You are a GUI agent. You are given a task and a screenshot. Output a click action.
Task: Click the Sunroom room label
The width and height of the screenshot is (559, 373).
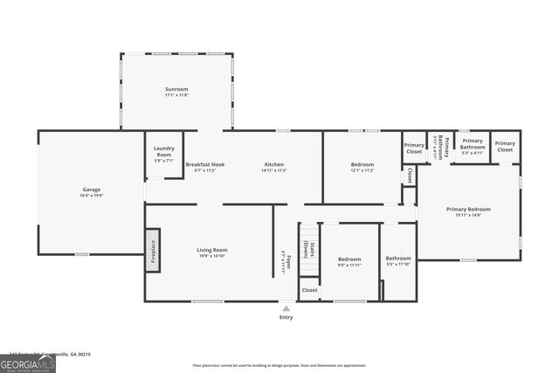[176, 92]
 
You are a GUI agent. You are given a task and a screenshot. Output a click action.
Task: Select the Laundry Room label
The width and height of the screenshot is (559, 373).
[164, 154]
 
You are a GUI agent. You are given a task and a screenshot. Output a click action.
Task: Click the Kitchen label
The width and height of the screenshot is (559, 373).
[273, 167]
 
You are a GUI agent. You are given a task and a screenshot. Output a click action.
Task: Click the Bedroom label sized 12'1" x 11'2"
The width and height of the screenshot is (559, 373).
[362, 167]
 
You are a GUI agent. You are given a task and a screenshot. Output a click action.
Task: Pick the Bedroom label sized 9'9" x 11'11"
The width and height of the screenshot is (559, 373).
[349, 261]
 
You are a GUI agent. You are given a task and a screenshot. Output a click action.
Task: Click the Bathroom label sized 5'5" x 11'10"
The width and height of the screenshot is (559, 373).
[398, 260]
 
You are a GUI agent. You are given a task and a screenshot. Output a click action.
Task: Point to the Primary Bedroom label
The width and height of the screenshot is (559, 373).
[468, 211]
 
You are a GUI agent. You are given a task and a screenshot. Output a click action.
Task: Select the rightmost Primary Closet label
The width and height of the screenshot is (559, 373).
[505, 146]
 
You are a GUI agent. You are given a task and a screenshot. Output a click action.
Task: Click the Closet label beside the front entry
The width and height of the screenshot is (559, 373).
[309, 289]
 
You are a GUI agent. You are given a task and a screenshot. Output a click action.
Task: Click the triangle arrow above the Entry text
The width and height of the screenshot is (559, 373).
[286, 307]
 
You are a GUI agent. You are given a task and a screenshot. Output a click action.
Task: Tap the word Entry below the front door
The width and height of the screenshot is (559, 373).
[286, 317]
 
